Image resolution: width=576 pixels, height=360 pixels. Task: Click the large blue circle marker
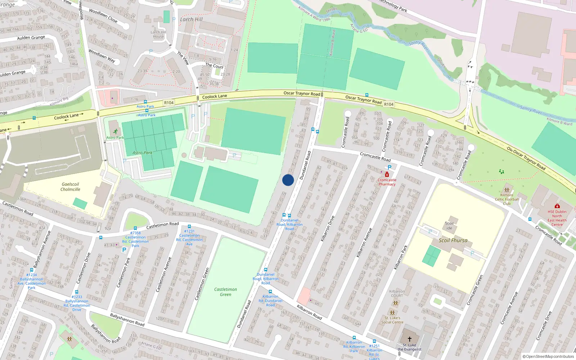point(288,180)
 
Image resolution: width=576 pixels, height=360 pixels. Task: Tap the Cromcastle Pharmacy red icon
point(387,175)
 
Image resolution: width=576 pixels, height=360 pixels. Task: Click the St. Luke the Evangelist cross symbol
point(409,339)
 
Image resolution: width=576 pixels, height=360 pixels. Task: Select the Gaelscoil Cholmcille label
point(70,187)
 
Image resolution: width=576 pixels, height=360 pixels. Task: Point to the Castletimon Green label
point(225,292)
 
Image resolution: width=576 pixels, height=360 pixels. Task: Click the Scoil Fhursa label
point(453,240)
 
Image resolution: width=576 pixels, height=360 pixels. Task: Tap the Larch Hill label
point(191,19)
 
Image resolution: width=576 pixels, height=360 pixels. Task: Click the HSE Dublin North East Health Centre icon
point(557,206)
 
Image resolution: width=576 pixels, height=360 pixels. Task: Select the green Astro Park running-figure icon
point(115,132)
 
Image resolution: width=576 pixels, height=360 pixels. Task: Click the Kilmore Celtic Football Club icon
point(507,190)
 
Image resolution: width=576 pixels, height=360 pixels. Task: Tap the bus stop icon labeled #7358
point(135,228)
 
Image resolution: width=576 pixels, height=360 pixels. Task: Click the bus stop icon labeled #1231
point(189,226)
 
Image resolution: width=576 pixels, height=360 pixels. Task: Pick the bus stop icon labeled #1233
point(77,292)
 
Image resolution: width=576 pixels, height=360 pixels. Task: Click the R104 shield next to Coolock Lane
point(169,103)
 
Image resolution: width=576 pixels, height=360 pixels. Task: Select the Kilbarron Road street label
point(309,312)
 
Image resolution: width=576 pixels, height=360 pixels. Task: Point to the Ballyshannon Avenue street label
point(42,250)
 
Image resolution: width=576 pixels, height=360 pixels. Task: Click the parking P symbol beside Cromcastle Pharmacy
point(389,167)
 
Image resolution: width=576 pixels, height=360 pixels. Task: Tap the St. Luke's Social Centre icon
point(392,313)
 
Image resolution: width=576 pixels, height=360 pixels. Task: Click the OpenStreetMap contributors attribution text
point(548,356)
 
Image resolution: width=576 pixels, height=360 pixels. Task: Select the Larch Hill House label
point(158,34)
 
